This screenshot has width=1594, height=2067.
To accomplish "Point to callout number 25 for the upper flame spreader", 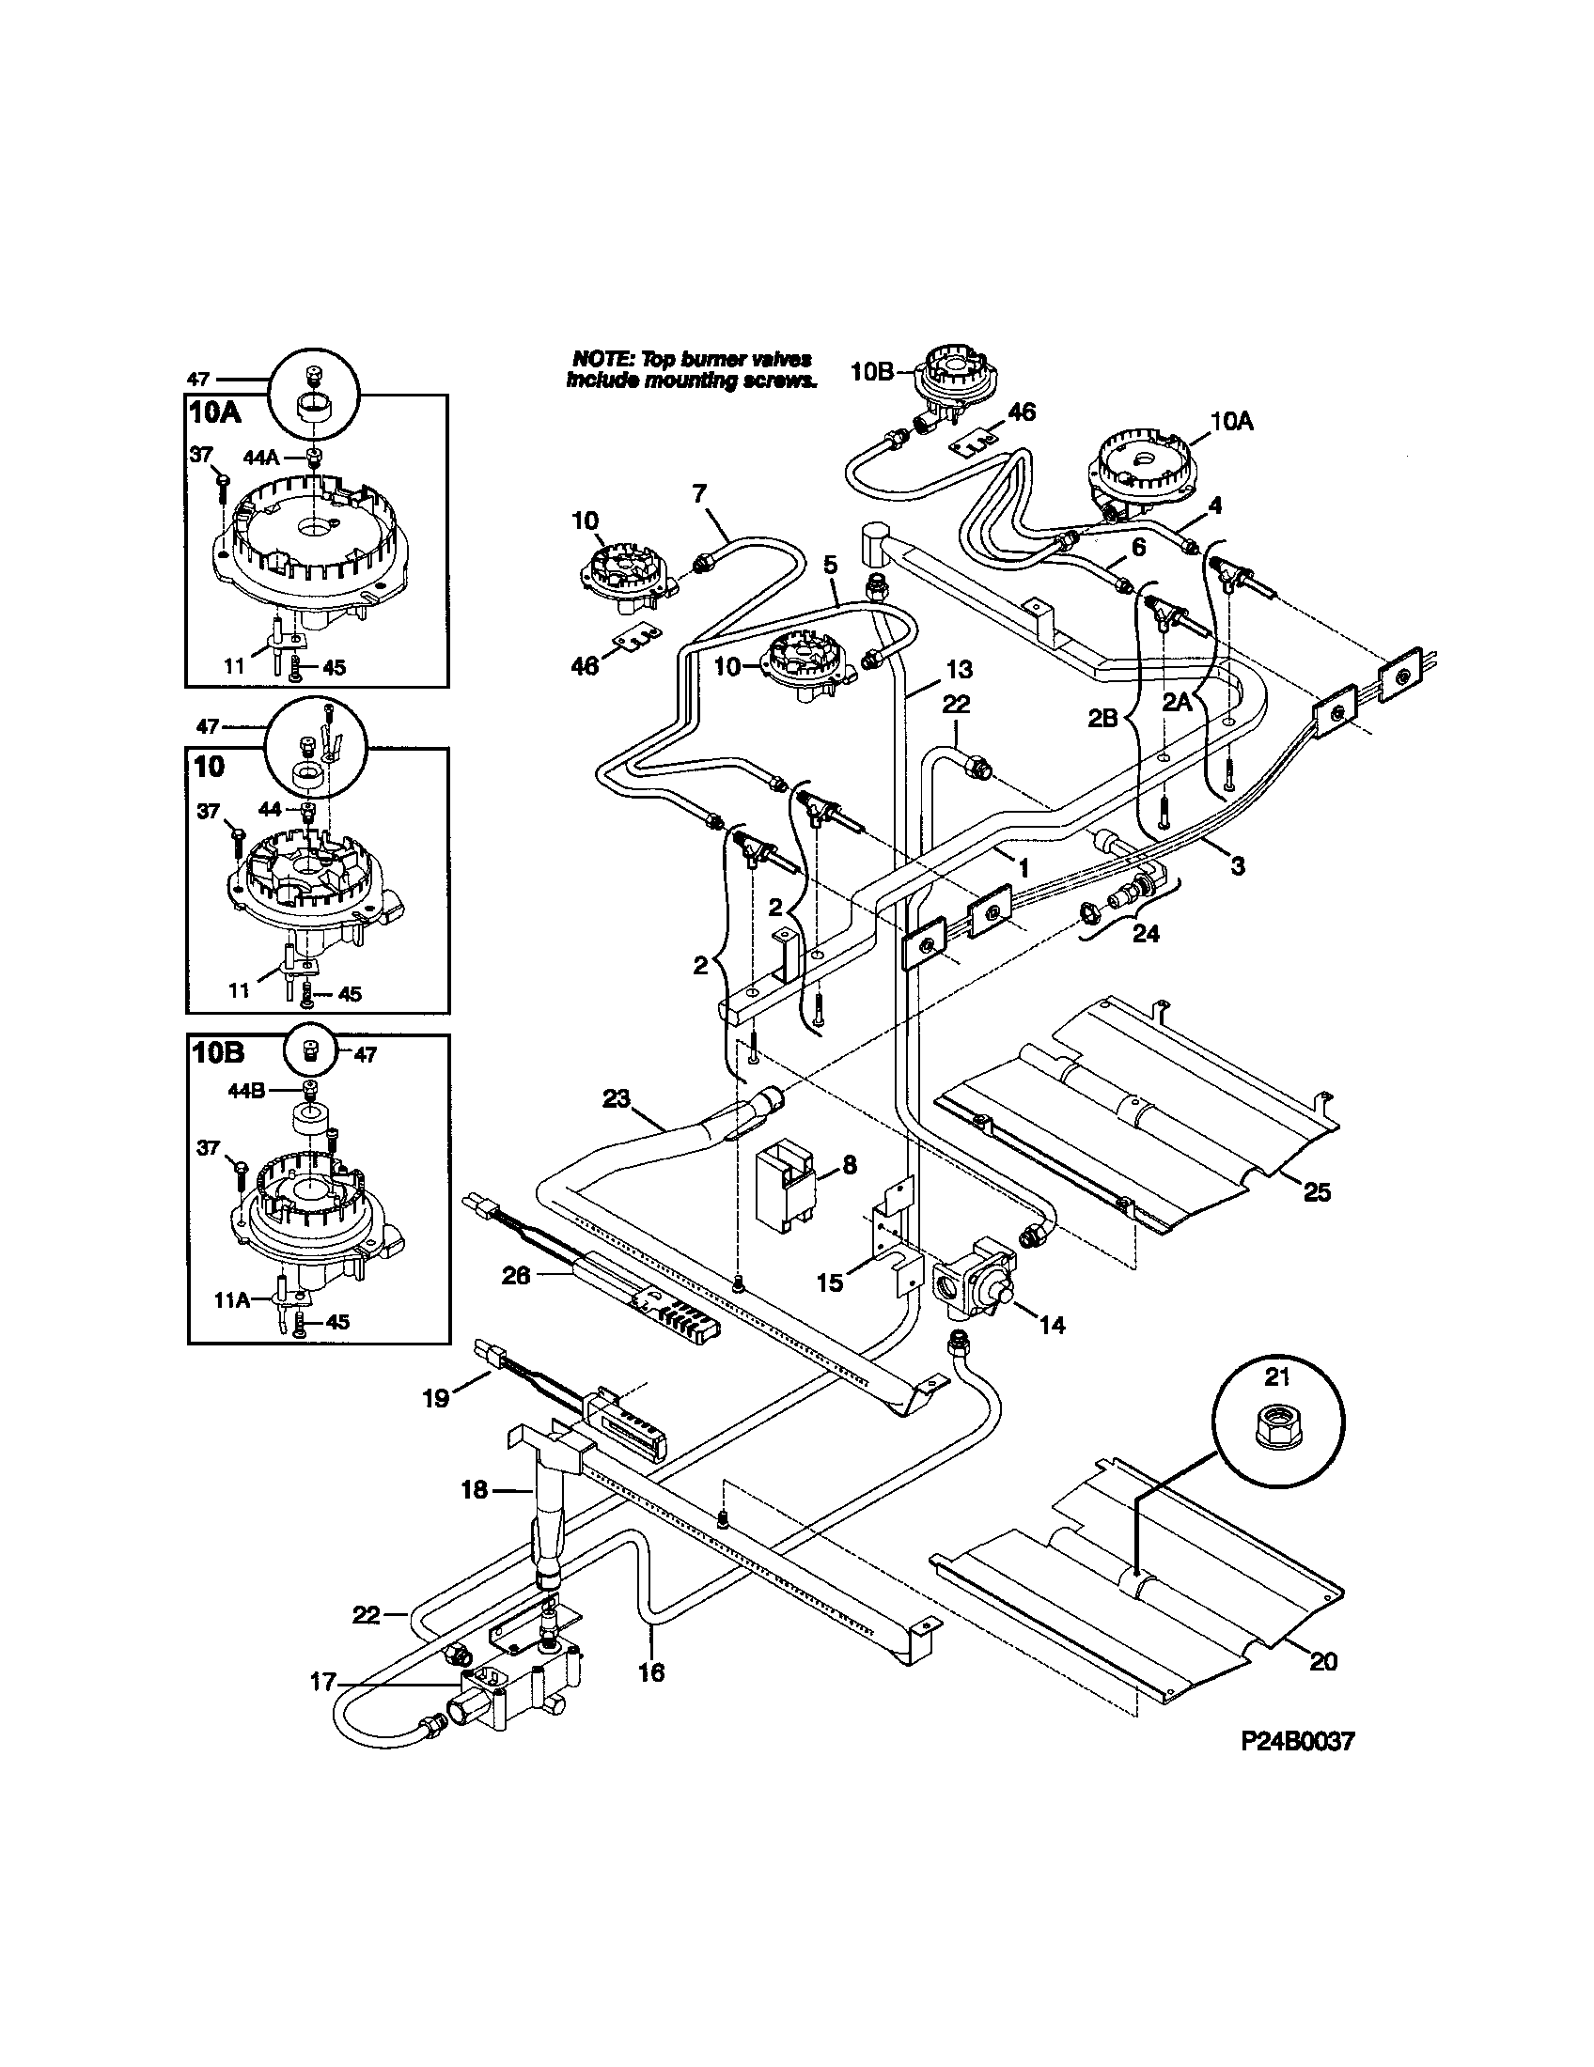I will tap(1317, 1192).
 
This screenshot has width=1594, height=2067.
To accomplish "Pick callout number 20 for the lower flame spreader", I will tap(1322, 1661).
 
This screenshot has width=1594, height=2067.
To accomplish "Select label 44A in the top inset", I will tap(260, 457).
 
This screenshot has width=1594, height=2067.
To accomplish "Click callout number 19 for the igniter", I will tap(435, 1398).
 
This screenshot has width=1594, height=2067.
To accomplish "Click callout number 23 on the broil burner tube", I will tap(616, 1099).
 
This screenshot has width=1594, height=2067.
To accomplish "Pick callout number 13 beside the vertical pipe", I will tap(959, 670).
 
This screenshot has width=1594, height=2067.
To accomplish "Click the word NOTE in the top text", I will tap(600, 359).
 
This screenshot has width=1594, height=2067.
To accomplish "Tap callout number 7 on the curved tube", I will tap(698, 493).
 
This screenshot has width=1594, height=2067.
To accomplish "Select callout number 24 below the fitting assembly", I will tap(1146, 933).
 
